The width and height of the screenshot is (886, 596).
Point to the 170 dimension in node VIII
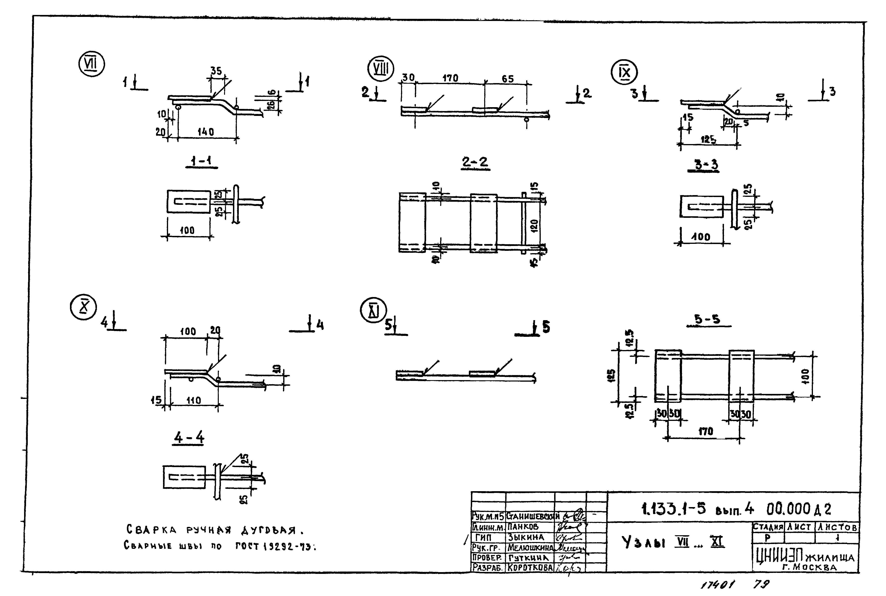(x=450, y=78)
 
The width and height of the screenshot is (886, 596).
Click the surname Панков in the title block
(x=523, y=527)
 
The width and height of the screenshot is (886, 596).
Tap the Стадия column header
(x=768, y=527)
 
